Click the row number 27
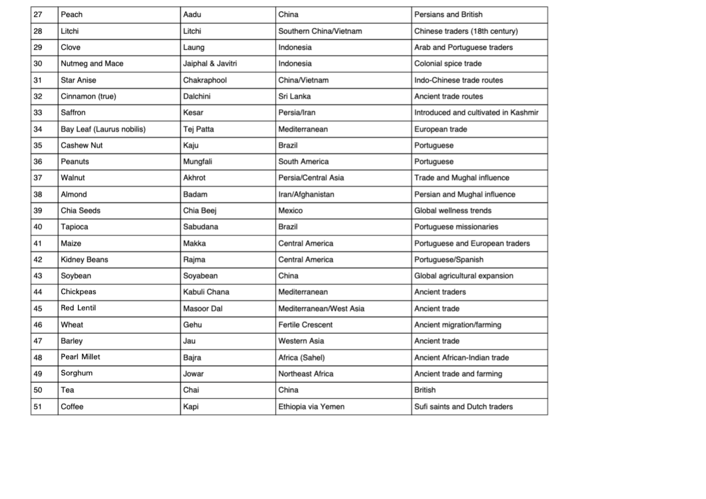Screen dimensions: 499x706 [38, 15]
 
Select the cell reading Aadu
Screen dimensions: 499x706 [192, 15]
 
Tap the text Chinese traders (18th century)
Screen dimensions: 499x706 [466, 31]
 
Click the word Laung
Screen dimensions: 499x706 [193, 47]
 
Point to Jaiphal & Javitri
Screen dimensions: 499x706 [210, 64]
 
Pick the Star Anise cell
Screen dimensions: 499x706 [78, 80]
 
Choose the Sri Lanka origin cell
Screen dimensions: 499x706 [294, 96]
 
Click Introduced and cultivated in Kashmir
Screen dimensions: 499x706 [476, 113]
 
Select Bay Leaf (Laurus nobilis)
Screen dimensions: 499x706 [103, 129]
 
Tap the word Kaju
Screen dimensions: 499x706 [191, 145]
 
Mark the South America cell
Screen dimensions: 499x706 [303, 162]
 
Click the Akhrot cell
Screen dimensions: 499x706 [194, 178]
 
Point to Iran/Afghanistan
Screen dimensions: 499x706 [306, 194]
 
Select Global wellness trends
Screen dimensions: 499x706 [453, 211]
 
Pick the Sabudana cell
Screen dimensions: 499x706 [201, 227]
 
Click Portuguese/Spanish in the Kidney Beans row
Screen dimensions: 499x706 [449, 260]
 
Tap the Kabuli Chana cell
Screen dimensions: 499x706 [206, 292]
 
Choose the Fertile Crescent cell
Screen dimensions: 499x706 [305, 325]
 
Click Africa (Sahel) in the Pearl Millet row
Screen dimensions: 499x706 [301, 357]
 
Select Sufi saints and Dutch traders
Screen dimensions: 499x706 [463, 407]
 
